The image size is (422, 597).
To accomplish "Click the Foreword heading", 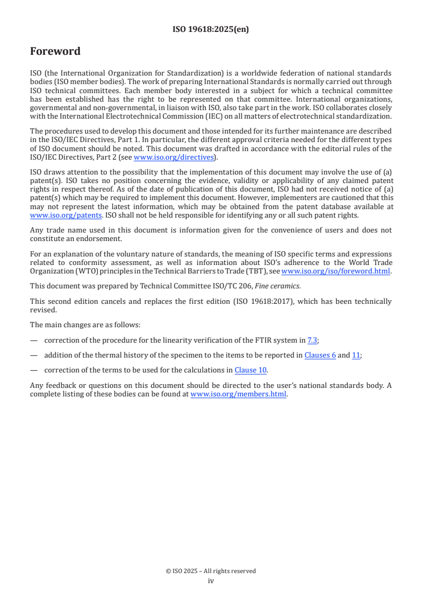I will pos(55,52).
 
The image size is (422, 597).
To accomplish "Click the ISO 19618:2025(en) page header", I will pos(211,30).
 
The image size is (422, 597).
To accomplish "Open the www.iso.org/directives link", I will pos(173,157).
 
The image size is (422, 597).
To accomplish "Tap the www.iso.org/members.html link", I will pos(238,394).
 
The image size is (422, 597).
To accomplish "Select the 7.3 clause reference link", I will pos(312,340).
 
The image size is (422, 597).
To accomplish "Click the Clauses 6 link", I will pos(320,355).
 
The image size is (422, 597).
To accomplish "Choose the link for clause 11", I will pos(356,355).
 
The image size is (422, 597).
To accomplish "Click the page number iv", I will pos(211,581).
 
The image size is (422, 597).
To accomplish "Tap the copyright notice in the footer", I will pos(211,571).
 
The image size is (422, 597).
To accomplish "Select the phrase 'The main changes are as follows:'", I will pos(85,325).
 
